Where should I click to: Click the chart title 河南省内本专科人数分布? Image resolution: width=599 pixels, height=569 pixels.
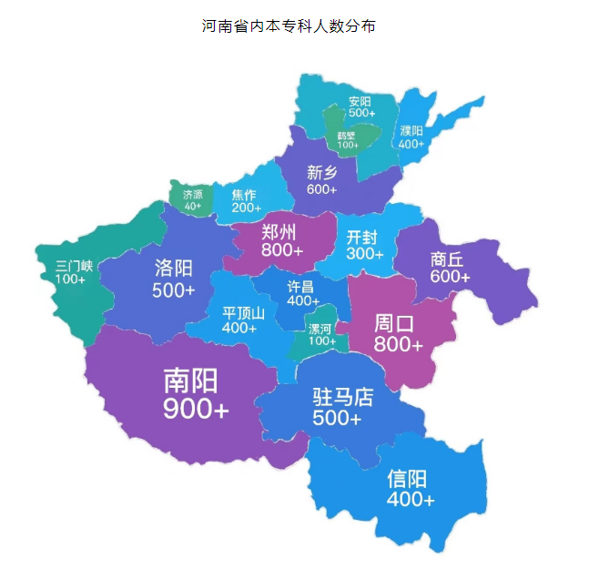coord(289,26)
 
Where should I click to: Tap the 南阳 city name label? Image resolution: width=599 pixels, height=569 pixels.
coord(191,380)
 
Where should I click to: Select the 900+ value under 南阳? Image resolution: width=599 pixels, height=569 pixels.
coord(195,410)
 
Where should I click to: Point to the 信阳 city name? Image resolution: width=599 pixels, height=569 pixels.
coord(407,479)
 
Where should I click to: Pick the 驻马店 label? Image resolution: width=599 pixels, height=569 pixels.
coord(343,397)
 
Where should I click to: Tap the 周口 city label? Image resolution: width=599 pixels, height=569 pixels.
coord(395,323)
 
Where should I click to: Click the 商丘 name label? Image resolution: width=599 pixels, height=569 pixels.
coord(450,259)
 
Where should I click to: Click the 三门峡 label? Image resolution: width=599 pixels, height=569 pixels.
coord(74,266)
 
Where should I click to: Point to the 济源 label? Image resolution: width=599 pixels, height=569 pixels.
coord(193,194)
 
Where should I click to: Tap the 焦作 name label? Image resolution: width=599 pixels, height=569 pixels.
coord(244,194)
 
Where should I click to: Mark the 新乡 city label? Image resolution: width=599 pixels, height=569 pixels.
coord(322,172)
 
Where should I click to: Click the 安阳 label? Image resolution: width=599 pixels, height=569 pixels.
coord(360,101)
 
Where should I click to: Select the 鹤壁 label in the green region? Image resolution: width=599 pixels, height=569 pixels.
coord(347,136)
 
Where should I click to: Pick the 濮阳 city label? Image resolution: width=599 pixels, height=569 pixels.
coord(411,130)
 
